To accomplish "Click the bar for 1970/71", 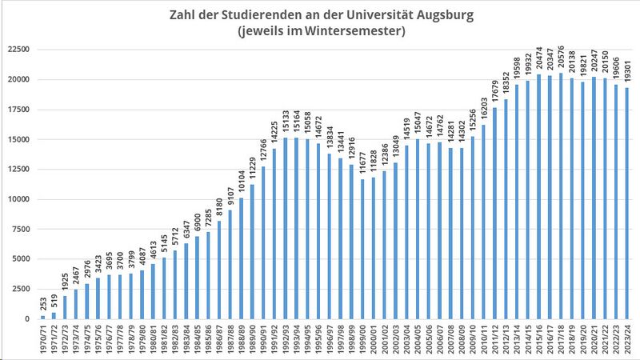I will pyautogui.click(x=42, y=317).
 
